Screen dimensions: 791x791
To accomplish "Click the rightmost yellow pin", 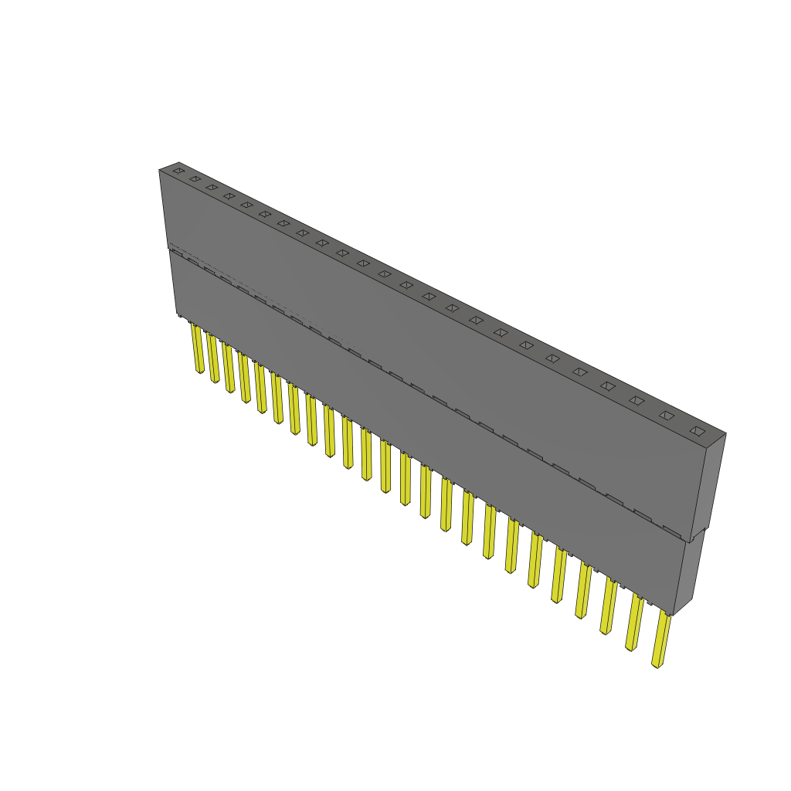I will pos(661,639).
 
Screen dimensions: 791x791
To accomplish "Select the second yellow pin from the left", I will pos(212,358).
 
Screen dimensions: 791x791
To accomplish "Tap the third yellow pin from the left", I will pos(229,368).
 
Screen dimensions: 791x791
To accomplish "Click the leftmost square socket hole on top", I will pos(178,170).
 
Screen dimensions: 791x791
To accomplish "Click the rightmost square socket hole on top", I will pos(698,430).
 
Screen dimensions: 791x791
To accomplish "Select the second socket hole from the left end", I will pos(195,178).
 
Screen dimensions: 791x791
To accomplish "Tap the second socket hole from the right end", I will pos(666,415).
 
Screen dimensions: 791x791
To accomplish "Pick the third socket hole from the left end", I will pos(212,187).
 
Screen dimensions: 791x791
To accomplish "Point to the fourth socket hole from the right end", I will pos(607,385).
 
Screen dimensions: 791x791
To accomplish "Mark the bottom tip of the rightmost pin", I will pos(657,664).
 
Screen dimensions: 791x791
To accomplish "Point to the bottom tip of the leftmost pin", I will pos(199,372).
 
